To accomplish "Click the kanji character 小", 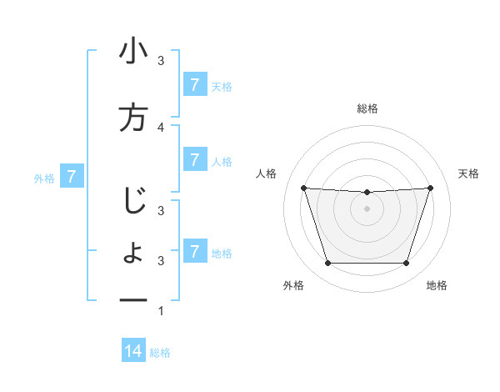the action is pos(133,52).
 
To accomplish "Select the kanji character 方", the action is pos(133,117).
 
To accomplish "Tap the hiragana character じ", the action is pos(133,201).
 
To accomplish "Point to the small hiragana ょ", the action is pos(133,253).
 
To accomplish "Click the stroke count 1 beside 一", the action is pos(161,311).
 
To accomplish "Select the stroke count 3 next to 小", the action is pos(161,61).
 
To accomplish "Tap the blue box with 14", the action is pos(133,351).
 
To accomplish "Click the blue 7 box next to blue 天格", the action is pos(194,84).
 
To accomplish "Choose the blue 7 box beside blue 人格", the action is pos(194,159).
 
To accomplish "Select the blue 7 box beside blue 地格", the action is pos(194,251).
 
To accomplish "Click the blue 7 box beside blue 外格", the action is pos(72,176).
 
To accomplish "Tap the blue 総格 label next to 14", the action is pos(160,353).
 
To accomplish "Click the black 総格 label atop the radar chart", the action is pos(367,108).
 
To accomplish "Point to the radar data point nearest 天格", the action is pos(430,188).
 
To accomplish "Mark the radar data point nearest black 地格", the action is pos(406,264).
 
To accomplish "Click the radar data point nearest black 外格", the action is pos(327,264).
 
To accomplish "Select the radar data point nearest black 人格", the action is pos(303,188).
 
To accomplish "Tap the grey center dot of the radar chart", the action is pos(367,209).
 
